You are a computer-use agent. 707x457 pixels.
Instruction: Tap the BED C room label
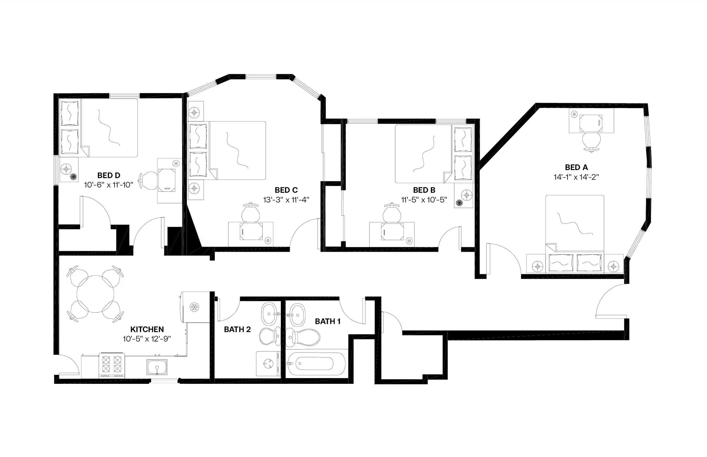[286, 190]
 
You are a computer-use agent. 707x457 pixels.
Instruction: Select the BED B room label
[424, 190]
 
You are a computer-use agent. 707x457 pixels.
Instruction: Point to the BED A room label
[576, 167]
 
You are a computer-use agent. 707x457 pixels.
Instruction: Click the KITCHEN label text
[147, 329]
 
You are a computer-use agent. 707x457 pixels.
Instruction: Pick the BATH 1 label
[328, 321]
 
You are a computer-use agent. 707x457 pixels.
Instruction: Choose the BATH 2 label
[237, 329]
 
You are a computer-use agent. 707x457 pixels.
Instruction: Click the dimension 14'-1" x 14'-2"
[576, 177]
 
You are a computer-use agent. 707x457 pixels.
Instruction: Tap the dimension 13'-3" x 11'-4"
[286, 200]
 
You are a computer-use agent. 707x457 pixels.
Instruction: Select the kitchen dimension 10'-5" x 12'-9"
[147, 339]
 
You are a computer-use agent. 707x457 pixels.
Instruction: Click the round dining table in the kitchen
[95, 294]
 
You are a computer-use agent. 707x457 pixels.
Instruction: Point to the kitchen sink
[157, 367]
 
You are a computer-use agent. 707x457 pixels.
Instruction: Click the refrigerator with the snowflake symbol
[194, 307]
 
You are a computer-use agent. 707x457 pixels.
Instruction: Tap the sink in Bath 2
[269, 314]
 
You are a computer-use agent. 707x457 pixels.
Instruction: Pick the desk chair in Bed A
[591, 142]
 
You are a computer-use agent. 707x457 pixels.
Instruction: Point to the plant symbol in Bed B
[459, 203]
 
